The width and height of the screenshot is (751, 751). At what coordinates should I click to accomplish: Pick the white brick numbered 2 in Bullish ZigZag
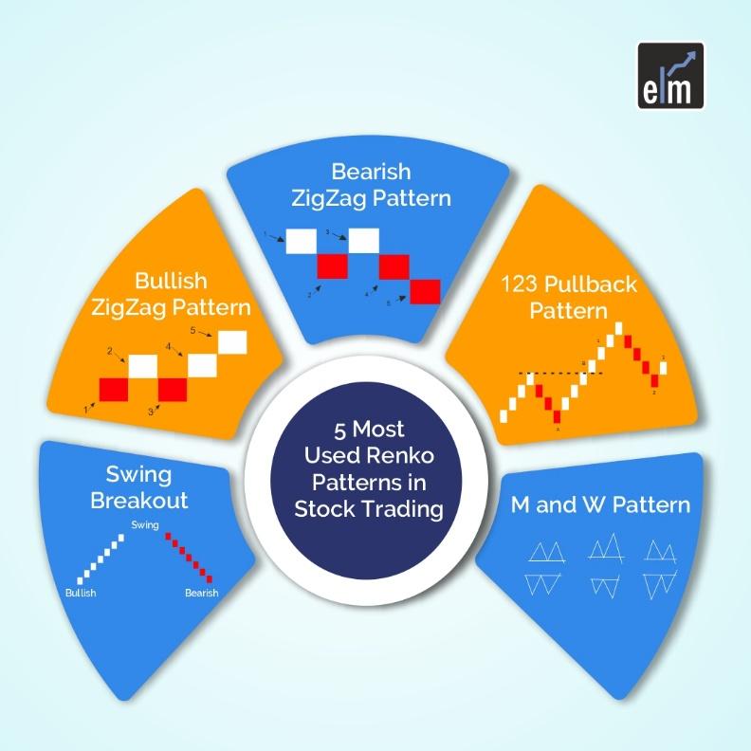tap(143, 366)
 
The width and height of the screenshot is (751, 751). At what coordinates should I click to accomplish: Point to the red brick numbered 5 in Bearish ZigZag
tap(426, 291)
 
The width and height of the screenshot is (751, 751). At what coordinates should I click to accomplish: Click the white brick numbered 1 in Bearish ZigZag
tap(301, 241)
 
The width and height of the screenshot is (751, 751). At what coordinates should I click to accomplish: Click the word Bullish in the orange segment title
tap(172, 282)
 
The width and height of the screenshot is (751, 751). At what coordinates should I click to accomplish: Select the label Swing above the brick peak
tap(145, 524)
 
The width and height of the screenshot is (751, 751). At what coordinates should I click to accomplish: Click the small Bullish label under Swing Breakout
tap(81, 593)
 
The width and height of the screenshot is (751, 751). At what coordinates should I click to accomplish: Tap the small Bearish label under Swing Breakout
tap(201, 593)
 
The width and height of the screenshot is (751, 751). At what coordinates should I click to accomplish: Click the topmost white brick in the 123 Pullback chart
tap(619, 328)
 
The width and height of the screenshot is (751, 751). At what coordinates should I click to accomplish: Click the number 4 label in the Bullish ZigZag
tap(169, 347)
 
